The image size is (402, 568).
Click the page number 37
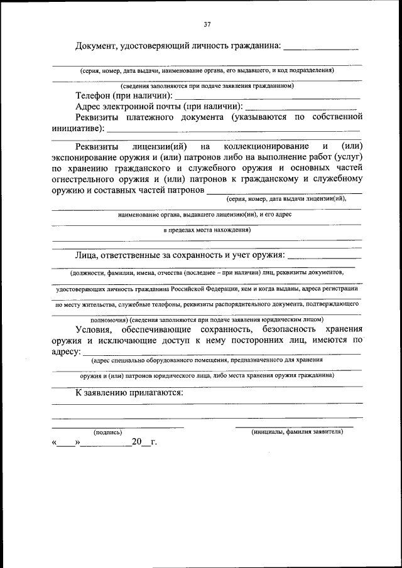[207, 24]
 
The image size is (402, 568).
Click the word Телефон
[93, 96]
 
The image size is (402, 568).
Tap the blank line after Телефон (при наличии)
[266, 99]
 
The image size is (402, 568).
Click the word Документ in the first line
[98, 46]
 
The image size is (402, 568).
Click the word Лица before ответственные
[87, 255]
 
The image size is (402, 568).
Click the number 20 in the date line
[137, 442]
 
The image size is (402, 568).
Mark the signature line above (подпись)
[117, 427]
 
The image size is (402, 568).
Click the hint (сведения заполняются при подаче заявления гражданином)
[207, 85]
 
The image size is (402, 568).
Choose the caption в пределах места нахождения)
[207, 230]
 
